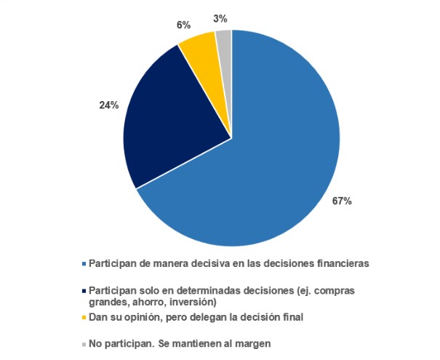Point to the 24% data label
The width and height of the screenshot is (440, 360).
click(x=109, y=105)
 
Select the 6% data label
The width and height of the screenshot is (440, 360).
click(x=183, y=25)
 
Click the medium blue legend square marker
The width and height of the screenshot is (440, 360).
click(x=84, y=263)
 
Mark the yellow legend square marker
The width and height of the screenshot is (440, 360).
click(x=84, y=317)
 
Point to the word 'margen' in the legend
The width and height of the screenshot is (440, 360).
click(x=260, y=344)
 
